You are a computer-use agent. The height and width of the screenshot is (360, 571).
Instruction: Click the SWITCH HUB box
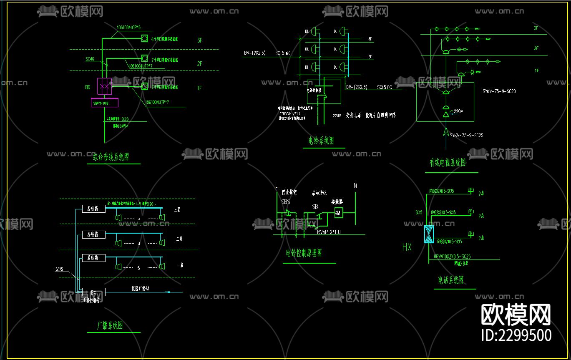tap(105, 103)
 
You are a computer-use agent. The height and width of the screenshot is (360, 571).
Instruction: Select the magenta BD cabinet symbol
tap(104, 86)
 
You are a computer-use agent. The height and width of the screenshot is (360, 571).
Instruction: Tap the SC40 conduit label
tap(90, 59)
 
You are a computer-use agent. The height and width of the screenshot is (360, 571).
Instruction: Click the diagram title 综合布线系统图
tap(111, 157)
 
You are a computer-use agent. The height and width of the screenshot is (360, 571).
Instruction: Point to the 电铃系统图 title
tap(321, 141)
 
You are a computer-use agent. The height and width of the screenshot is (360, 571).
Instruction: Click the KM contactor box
tap(338, 213)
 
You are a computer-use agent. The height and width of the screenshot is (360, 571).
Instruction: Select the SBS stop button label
tap(286, 201)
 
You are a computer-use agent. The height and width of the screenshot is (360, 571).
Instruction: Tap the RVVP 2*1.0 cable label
tap(329, 232)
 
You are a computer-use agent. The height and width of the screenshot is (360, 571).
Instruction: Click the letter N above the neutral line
tap(355, 185)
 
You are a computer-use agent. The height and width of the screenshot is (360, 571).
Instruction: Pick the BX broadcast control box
tap(94, 292)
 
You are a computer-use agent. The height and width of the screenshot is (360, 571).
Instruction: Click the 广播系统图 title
tap(110, 326)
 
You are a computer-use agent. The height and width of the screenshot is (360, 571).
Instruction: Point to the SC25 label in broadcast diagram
tap(59, 269)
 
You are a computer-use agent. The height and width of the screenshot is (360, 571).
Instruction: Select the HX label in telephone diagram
tap(407, 247)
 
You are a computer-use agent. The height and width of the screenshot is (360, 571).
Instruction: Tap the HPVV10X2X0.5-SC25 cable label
tap(452, 257)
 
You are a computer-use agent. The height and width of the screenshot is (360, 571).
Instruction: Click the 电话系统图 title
tap(451, 280)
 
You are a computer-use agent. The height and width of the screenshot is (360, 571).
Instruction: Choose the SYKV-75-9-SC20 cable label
tap(499, 91)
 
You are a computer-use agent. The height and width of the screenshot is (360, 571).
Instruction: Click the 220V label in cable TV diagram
tap(458, 111)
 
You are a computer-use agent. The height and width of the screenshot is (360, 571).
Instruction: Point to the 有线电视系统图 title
tap(448, 163)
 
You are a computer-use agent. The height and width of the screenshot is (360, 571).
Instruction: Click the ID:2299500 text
tap(516, 335)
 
